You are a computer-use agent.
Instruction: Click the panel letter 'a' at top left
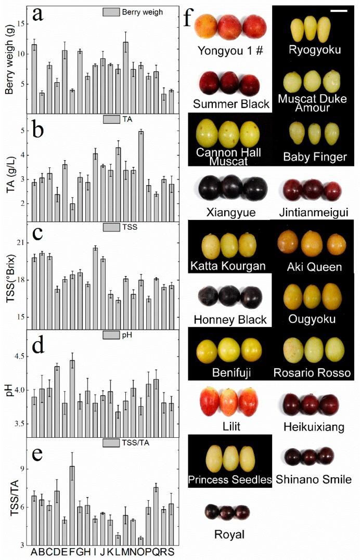(x=37, y=15)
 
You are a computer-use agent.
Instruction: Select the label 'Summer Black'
(x=231, y=103)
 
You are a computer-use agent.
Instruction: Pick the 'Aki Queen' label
(x=314, y=267)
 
